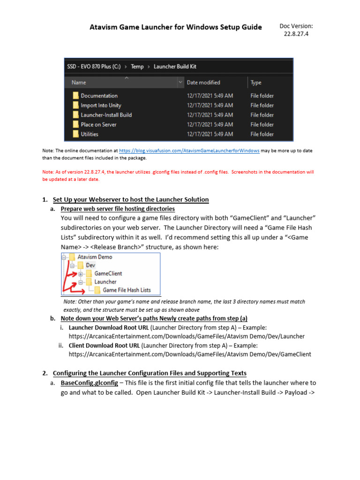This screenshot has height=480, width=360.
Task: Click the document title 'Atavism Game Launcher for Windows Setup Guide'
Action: point(175,27)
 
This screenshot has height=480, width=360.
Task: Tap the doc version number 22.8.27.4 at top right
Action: point(296,35)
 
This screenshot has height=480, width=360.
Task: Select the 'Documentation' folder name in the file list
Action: point(99,96)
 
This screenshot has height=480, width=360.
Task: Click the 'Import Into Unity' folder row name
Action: point(101,105)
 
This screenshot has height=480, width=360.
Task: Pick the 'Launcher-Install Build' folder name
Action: point(106,115)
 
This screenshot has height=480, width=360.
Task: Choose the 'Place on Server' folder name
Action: point(98,125)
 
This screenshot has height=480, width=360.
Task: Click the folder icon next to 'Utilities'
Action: point(75,134)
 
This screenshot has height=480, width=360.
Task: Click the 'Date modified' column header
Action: point(203,82)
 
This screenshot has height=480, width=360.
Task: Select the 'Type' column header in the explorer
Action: point(256,82)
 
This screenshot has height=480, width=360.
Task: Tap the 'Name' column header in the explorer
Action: point(79,82)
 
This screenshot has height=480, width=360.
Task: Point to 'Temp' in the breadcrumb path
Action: point(137,67)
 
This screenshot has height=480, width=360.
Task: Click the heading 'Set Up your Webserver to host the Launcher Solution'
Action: point(131,200)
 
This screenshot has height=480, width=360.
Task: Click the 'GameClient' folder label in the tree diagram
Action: point(108,273)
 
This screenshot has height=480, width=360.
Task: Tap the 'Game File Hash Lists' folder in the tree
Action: point(127,290)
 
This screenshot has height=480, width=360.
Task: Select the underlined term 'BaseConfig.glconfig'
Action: point(89,383)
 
